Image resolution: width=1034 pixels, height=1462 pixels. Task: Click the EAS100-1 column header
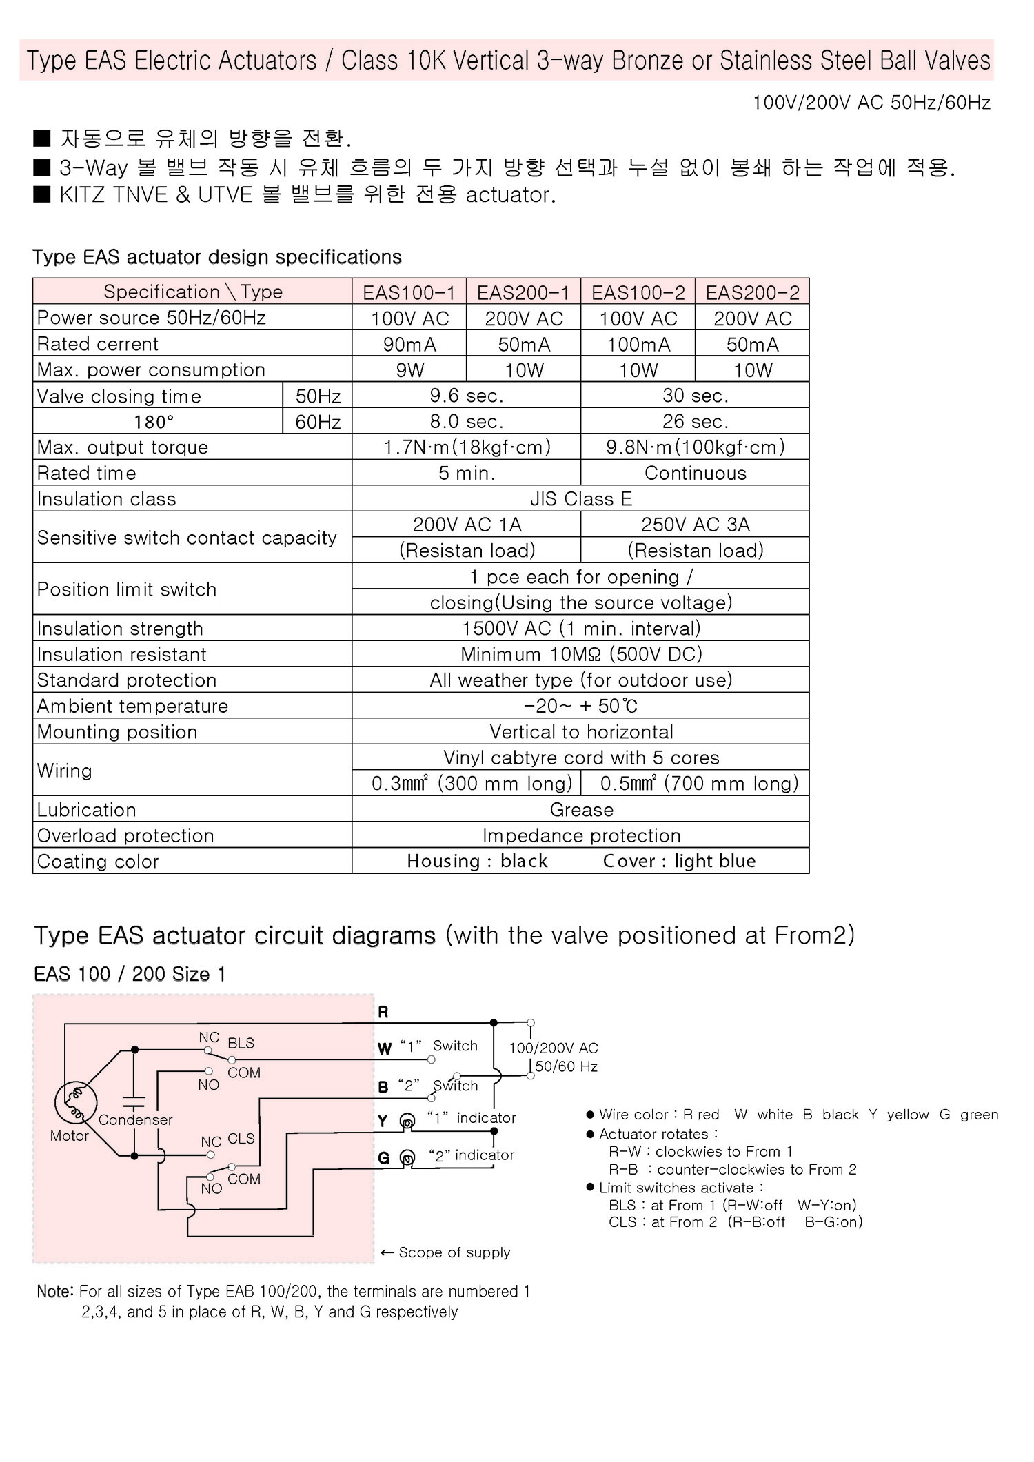pos(409,292)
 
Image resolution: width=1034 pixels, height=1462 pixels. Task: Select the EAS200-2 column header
pos(752,292)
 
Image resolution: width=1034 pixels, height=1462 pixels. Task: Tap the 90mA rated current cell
pos(409,344)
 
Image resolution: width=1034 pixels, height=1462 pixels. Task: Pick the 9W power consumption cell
pos(409,370)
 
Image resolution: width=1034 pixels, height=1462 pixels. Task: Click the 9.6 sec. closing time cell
pos(466,396)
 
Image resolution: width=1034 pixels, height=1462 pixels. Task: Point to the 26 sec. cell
pos(695,421)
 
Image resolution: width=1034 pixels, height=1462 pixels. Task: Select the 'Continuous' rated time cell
pos(695,473)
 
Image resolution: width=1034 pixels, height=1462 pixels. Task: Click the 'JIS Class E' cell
pos(580,498)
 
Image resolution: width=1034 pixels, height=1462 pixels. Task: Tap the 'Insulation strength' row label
pos(120,628)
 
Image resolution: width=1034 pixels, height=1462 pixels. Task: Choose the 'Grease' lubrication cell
pos(580,809)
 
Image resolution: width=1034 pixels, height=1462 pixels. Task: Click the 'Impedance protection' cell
pos(580,835)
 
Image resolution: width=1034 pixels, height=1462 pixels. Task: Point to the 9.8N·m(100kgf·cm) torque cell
pos(695,447)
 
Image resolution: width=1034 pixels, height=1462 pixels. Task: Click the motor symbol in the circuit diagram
pos(75,1102)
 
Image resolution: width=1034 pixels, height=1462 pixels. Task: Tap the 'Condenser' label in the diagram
pos(135,1119)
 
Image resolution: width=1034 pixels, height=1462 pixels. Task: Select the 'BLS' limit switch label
pos(241,1043)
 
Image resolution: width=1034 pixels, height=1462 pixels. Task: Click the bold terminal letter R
pos(383,1012)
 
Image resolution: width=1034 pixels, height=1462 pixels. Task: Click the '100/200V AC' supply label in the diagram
pos(554,1048)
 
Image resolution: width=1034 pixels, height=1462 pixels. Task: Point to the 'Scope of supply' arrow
pos(387,1252)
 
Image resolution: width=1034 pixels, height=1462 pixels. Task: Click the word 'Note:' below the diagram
pos(54,1291)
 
